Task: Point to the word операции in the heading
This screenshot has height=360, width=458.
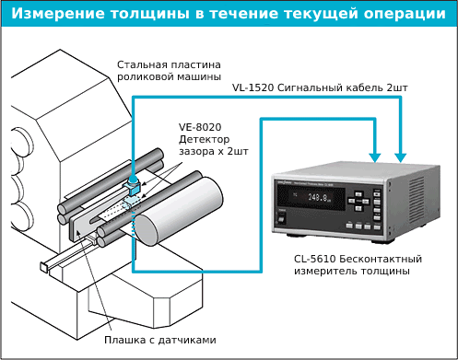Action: click(x=402, y=15)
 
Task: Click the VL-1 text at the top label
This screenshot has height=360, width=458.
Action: click(x=243, y=87)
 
